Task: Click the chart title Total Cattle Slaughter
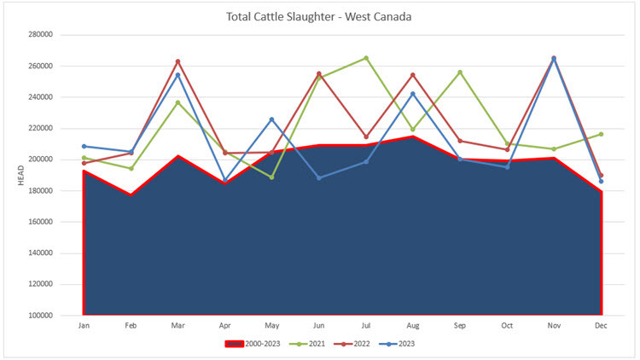click(x=319, y=16)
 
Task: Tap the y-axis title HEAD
click(x=20, y=175)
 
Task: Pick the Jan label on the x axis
click(x=84, y=327)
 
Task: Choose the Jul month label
click(x=365, y=327)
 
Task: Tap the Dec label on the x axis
click(x=601, y=327)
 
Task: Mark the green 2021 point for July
click(x=366, y=58)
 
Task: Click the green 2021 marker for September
click(x=460, y=72)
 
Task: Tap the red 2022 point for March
click(x=177, y=61)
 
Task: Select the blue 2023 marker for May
click(x=271, y=119)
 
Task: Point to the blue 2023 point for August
click(x=413, y=94)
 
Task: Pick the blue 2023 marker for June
click(x=319, y=177)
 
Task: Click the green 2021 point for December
click(x=601, y=134)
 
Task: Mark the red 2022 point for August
click(x=413, y=75)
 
